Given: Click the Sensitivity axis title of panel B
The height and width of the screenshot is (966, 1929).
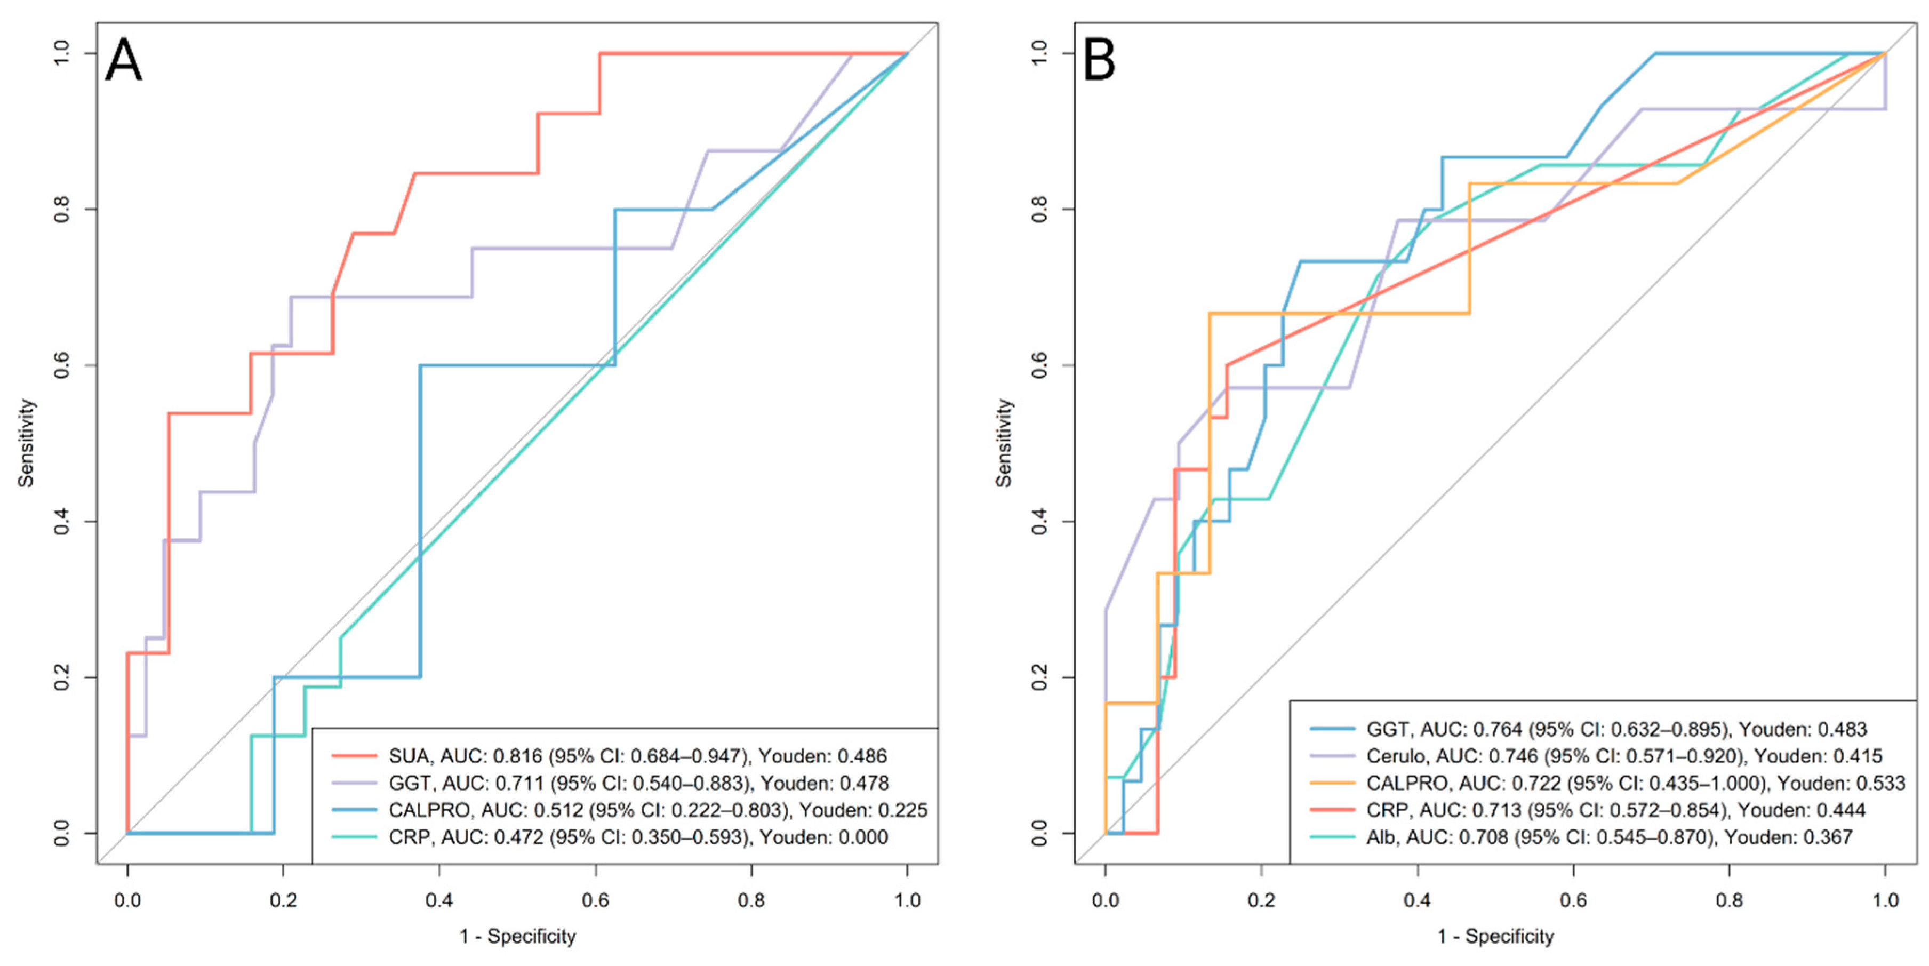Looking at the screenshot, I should (x=1004, y=443).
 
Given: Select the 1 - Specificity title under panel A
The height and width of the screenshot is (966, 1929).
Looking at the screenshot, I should (x=517, y=937).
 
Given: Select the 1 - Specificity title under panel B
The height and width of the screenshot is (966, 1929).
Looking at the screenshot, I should (x=1495, y=937).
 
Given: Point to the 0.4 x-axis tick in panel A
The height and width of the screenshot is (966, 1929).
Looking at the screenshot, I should (x=439, y=900).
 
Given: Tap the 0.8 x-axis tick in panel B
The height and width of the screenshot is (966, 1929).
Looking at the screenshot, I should (x=1729, y=900).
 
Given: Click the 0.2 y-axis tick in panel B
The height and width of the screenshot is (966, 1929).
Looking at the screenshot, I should (x=1039, y=677).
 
